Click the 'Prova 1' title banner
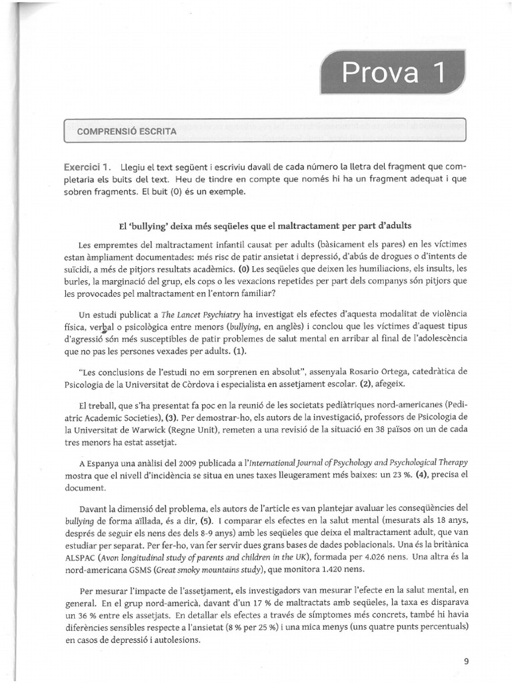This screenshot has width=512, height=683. coord(392,73)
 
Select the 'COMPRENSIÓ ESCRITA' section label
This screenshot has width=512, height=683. coord(127,131)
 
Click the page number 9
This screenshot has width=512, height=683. coord(465,662)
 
